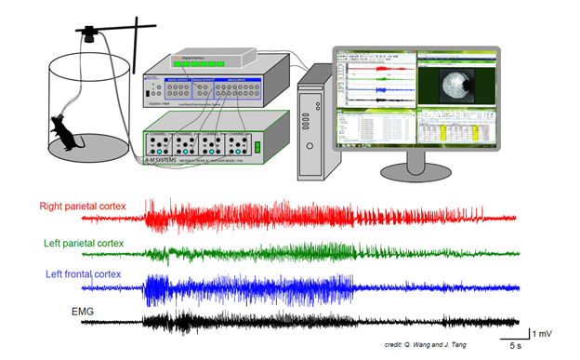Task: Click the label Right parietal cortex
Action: point(83,206)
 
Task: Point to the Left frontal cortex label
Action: point(86,274)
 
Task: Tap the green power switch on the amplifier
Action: point(257,146)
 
